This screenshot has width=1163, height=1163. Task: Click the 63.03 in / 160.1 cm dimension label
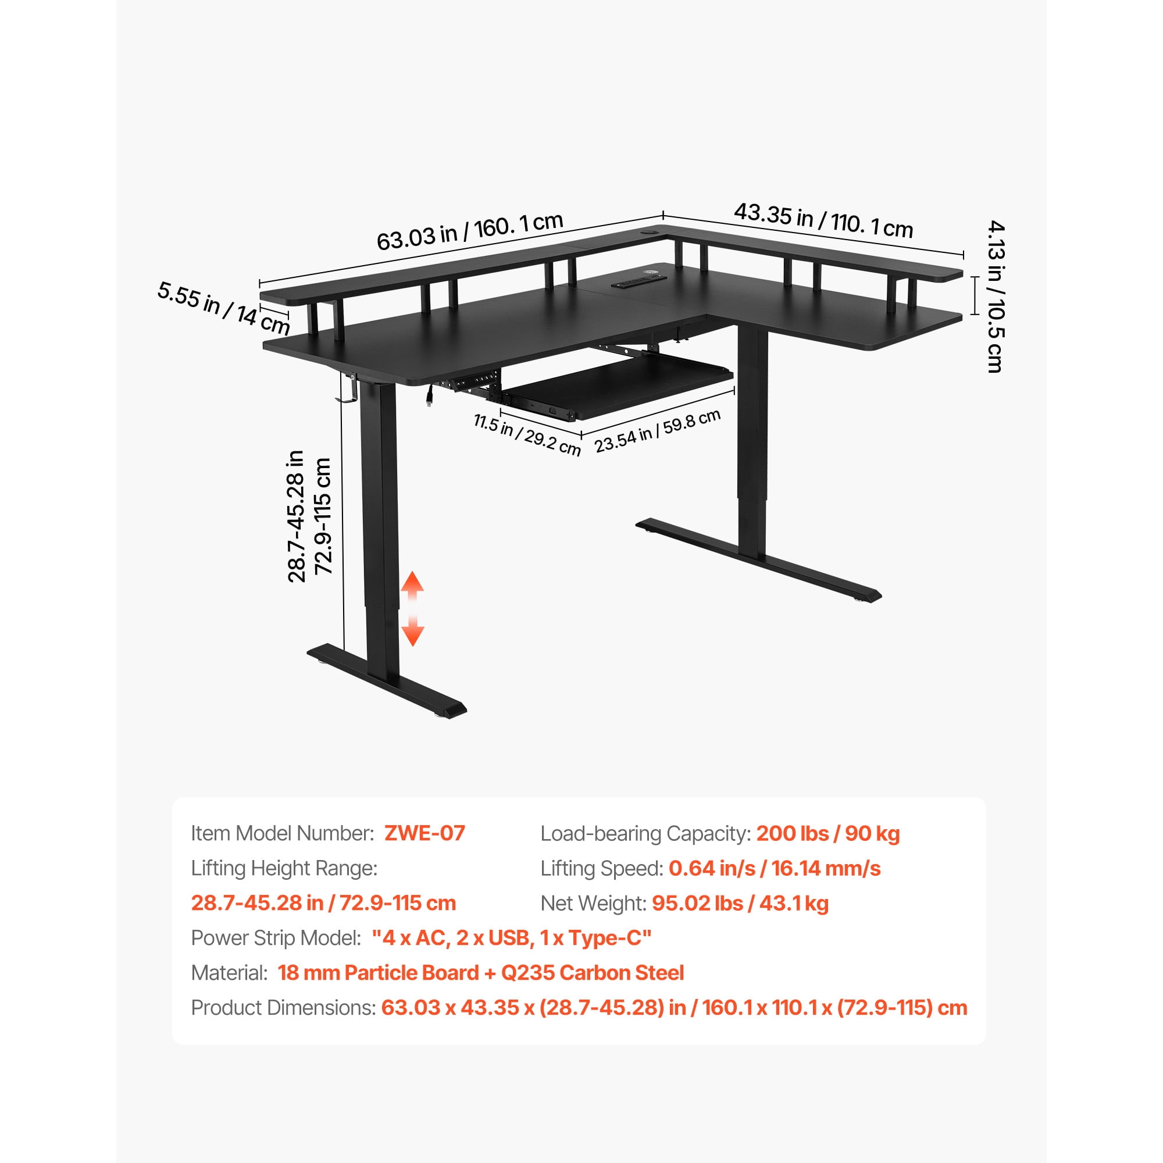[469, 231]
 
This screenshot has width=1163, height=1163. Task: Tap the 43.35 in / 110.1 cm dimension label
[823, 220]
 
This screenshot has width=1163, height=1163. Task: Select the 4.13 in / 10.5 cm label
[996, 296]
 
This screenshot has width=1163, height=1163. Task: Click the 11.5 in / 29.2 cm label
[527, 434]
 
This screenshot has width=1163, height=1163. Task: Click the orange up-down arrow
[412, 609]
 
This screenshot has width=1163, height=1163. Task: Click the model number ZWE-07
[424, 833]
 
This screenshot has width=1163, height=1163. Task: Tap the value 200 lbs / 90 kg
[827, 833]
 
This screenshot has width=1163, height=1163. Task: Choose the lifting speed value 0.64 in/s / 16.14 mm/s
[775, 868]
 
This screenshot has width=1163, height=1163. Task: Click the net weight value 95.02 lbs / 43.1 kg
[740, 903]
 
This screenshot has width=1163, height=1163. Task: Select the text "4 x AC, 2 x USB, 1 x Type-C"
[512, 938]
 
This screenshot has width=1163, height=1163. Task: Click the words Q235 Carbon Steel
[593, 973]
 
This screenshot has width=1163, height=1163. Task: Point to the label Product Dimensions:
[284, 1008]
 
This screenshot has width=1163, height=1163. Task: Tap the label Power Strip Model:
[276, 938]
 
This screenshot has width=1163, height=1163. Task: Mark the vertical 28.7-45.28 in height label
[296, 516]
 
